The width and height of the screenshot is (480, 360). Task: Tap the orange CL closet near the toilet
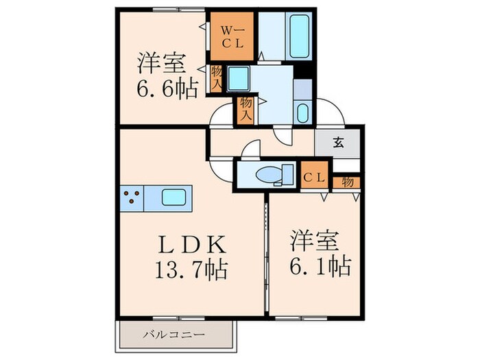pyautogui.click(x=315, y=177)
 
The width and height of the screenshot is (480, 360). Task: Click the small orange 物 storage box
pyautogui.click(x=348, y=182)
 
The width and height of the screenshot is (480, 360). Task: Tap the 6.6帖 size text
pyautogui.click(x=165, y=86)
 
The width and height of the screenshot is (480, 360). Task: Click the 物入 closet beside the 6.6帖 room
pyautogui.click(x=216, y=78)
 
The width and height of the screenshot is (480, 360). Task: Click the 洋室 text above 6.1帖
pyautogui.click(x=313, y=241)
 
